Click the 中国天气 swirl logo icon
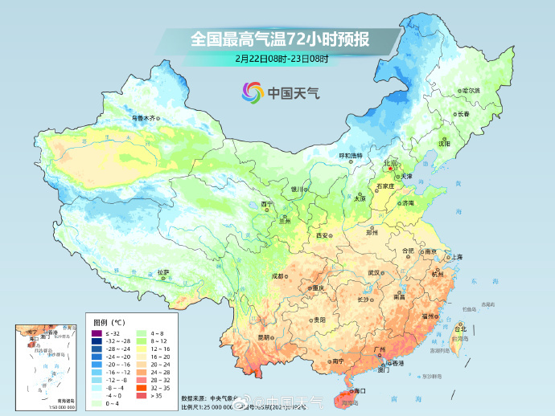[252, 92]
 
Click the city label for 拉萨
[163, 272]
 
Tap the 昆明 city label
[264, 337]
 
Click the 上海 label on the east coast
[456, 257]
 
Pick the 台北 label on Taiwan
[460, 328]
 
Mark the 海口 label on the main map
[359, 390]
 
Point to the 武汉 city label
[373, 273]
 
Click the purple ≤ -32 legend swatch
[97, 332]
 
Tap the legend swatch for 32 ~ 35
[142, 387]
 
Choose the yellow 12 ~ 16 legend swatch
[142, 349]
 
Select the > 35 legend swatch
[142, 395]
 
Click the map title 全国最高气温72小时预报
[280, 38]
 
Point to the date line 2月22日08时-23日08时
[282, 58]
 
